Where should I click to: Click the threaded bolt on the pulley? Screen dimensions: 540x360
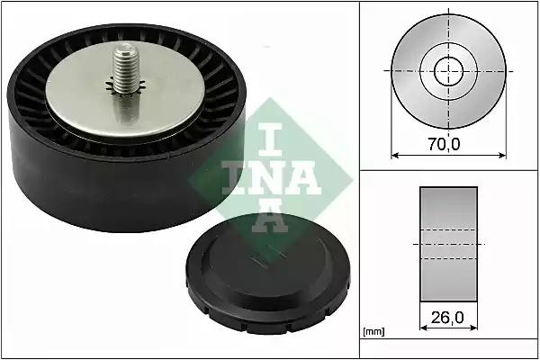[126, 68]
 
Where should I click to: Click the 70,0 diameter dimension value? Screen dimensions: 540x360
[444, 144]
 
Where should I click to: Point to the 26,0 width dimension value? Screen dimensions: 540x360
[447, 318]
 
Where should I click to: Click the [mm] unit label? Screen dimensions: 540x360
[373, 332]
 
